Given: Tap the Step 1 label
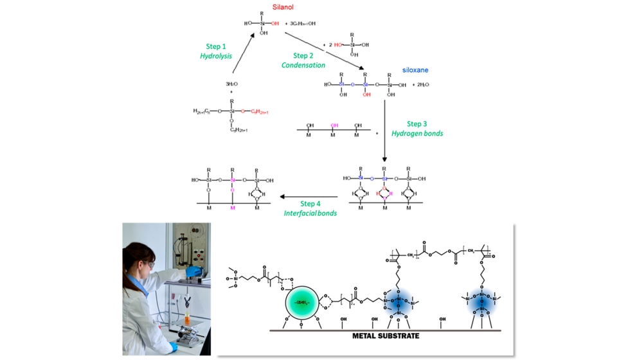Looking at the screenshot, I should pyautogui.click(x=215, y=46).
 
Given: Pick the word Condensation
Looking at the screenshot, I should pyautogui.click(x=303, y=65).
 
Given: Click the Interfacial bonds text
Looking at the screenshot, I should pyautogui.click(x=310, y=213).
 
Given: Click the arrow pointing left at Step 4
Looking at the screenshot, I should pyautogui.click(x=309, y=198).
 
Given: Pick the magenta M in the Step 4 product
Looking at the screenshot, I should pyautogui.click(x=233, y=208).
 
